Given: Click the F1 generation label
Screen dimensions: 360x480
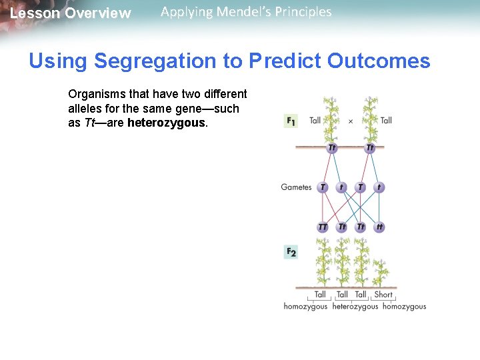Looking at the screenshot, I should point(291,121).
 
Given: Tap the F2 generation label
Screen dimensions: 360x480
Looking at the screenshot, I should point(291,251).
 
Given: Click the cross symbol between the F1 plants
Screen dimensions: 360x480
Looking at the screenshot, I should point(351,121).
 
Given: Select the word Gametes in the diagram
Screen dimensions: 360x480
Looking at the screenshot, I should point(296,187).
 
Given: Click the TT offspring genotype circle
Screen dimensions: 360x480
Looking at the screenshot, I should point(323,227).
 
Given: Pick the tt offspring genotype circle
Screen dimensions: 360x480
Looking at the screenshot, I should point(379,227).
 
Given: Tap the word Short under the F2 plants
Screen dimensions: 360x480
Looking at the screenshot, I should point(383,294).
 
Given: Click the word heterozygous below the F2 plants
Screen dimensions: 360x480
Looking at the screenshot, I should point(355,307).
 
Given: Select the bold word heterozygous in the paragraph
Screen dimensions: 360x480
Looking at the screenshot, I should point(167,123).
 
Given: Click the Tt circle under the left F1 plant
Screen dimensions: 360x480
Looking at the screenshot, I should point(331,148).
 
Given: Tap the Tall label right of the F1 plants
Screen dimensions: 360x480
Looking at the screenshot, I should point(386,121).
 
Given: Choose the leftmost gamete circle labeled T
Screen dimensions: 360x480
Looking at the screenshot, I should point(323,187).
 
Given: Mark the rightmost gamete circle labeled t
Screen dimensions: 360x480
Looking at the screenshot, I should point(379,187).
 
